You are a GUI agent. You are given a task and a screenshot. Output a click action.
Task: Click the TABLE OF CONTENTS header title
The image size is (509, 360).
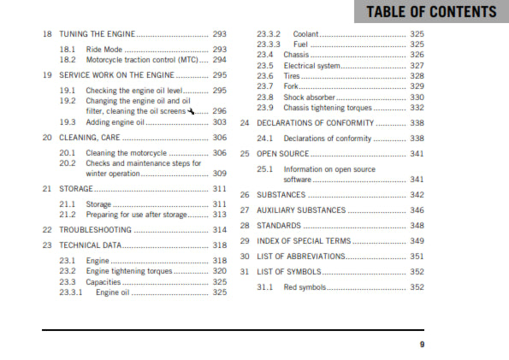click(430, 12)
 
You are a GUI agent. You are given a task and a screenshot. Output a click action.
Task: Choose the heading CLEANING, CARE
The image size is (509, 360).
click(90, 137)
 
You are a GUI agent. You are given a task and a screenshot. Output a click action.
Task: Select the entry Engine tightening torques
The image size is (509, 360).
click(129, 270)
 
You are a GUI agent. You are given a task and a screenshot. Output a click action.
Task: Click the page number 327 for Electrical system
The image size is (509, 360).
click(417, 66)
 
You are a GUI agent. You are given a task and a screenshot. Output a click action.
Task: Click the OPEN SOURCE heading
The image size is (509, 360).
click(282, 154)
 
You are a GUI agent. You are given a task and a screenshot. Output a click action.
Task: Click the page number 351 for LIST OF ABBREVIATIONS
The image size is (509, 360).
click(417, 257)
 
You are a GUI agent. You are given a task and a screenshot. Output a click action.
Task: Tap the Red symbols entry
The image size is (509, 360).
click(305, 287)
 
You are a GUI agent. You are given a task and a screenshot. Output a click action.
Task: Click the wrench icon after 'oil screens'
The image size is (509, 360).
click(192, 109)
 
